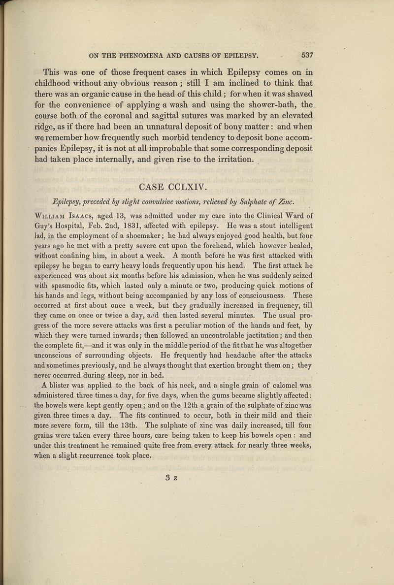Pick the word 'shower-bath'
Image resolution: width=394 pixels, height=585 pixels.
click(x=273, y=105)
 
